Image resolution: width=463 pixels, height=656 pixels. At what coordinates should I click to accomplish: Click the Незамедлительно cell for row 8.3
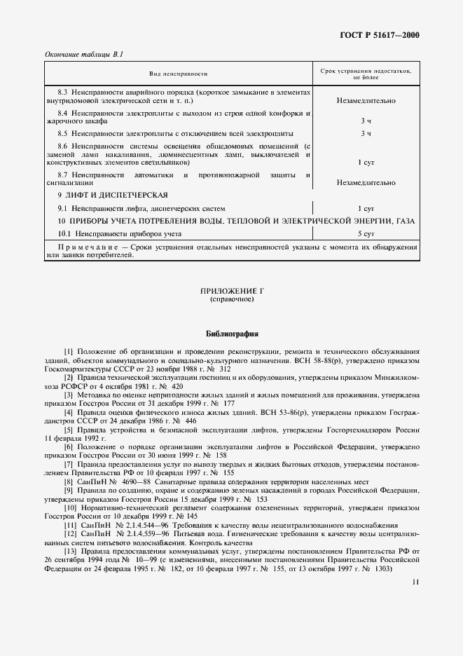pos(366,101)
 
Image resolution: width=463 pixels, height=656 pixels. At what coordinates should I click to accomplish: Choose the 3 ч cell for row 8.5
pos(366,133)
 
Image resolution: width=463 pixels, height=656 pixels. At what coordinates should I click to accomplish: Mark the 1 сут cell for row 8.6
pos(366,162)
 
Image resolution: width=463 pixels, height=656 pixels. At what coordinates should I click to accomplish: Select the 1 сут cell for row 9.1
pos(366,208)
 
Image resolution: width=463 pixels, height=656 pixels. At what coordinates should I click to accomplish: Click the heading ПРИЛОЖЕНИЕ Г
pos(231,291)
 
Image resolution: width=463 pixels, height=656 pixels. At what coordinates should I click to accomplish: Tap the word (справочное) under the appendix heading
pos(231,299)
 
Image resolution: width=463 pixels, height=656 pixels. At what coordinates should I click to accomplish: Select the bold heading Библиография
pos(231,334)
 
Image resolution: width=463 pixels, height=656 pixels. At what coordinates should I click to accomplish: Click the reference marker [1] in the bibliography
pos(68,350)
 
